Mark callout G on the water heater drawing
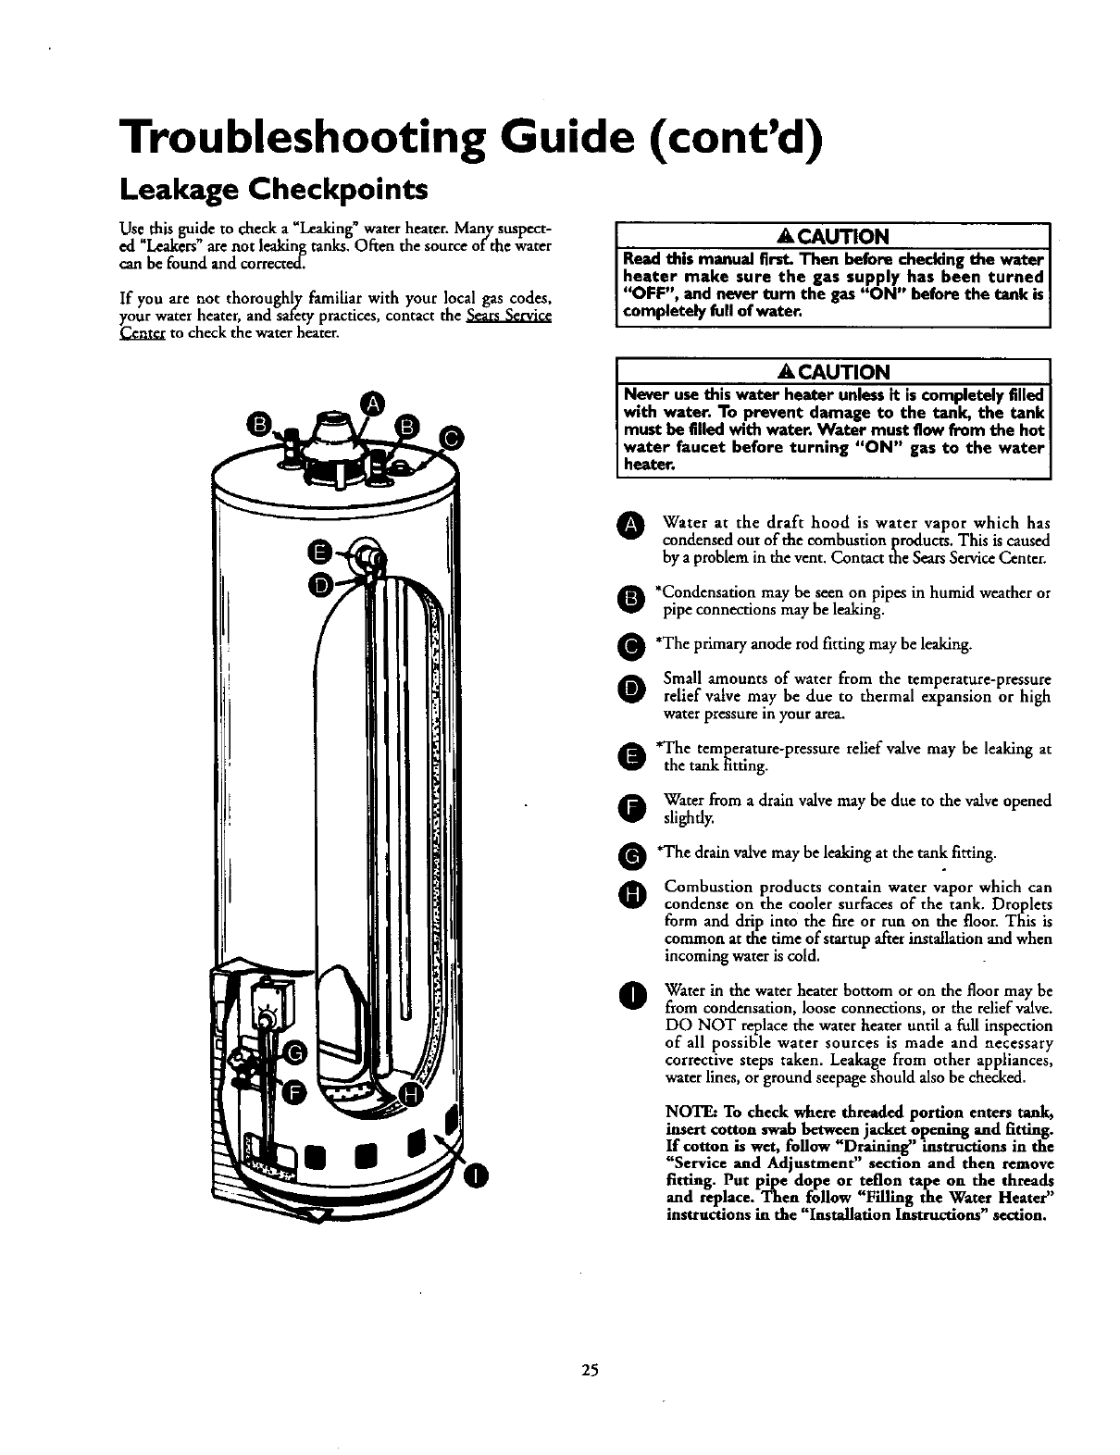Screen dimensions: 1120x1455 [295, 1053]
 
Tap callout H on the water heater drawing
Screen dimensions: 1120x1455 [414, 1097]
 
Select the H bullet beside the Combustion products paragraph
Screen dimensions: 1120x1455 [630, 894]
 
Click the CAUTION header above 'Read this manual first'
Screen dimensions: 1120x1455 [832, 236]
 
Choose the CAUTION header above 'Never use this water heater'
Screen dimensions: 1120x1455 [832, 371]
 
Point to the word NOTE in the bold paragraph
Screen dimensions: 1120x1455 [688, 1112]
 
